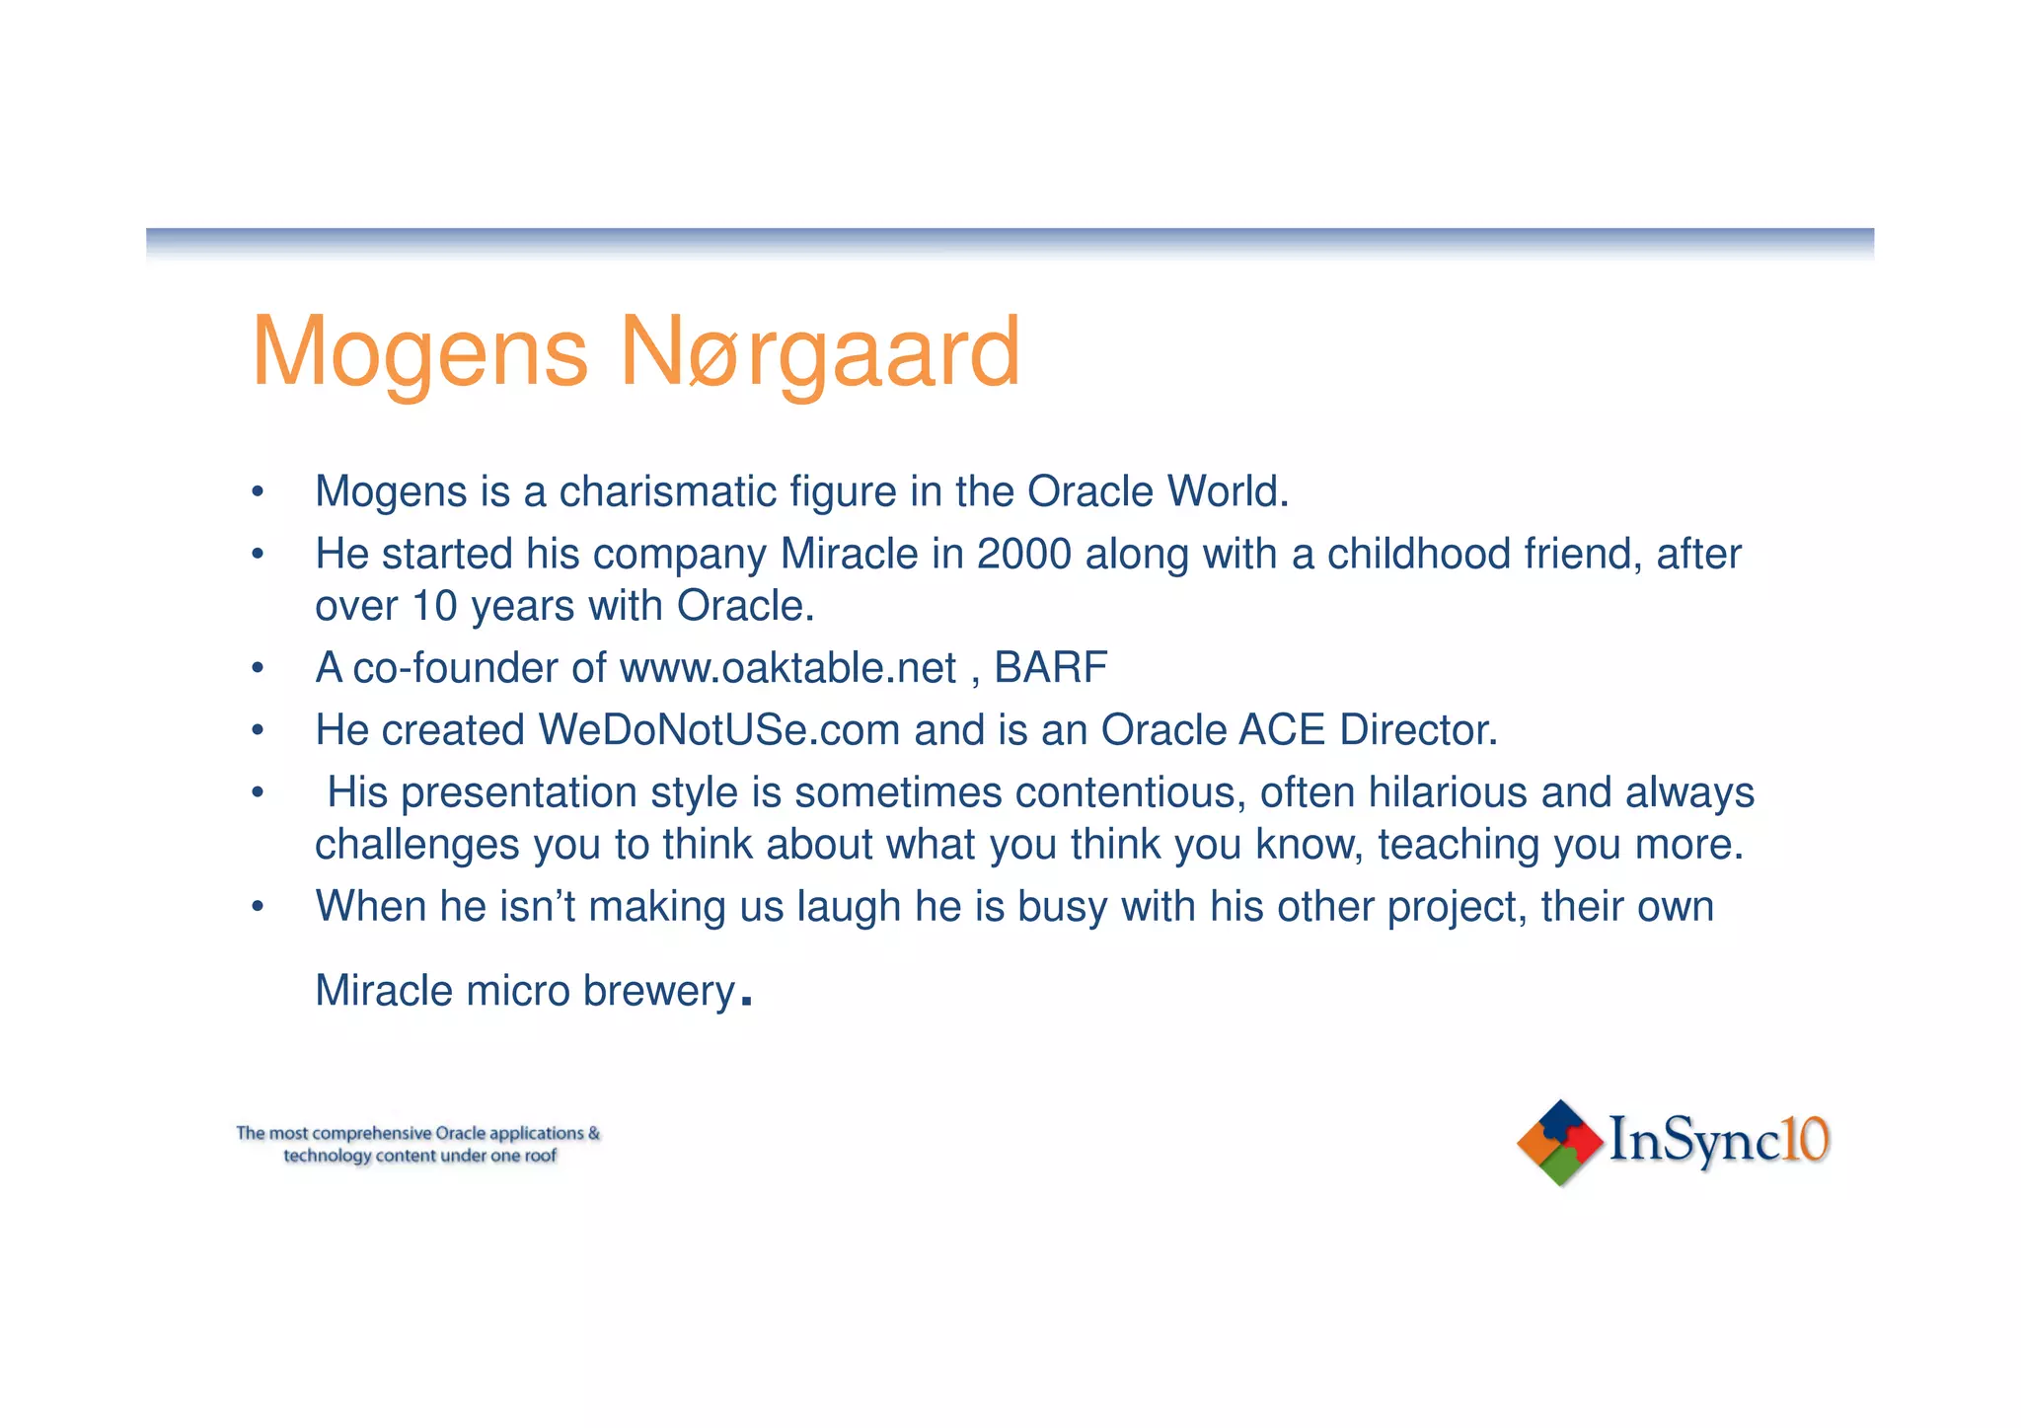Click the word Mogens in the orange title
coord(419,352)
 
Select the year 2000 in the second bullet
coord(1023,554)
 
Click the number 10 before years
coord(434,606)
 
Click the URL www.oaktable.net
coord(787,668)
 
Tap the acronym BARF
coord(1050,668)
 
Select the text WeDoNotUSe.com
coord(718,730)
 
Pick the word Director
coord(1418,730)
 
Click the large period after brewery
coord(746,1001)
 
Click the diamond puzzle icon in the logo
coord(1559,1143)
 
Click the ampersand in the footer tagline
coord(594,1133)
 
